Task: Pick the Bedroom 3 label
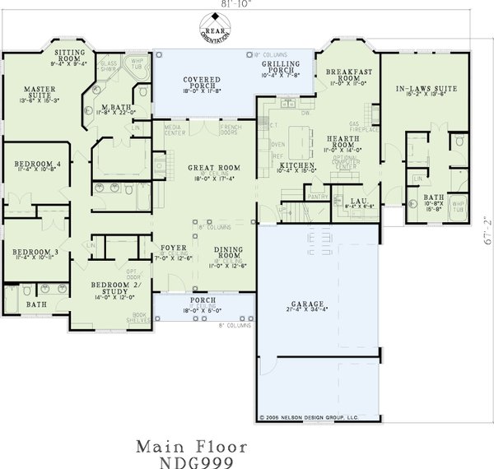pos(31,250)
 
